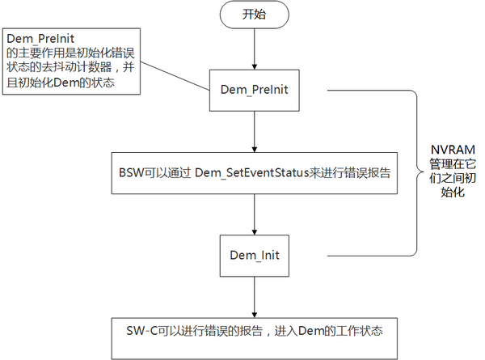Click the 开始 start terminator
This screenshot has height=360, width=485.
tap(253, 15)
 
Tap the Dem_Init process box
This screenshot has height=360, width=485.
tap(254, 255)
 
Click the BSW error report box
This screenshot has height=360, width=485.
tap(255, 173)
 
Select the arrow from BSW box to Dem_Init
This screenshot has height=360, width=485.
tap(254, 214)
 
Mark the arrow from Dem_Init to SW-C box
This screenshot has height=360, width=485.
tap(254, 295)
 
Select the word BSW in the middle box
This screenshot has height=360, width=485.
tap(131, 173)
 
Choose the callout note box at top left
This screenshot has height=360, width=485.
tap(71, 61)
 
